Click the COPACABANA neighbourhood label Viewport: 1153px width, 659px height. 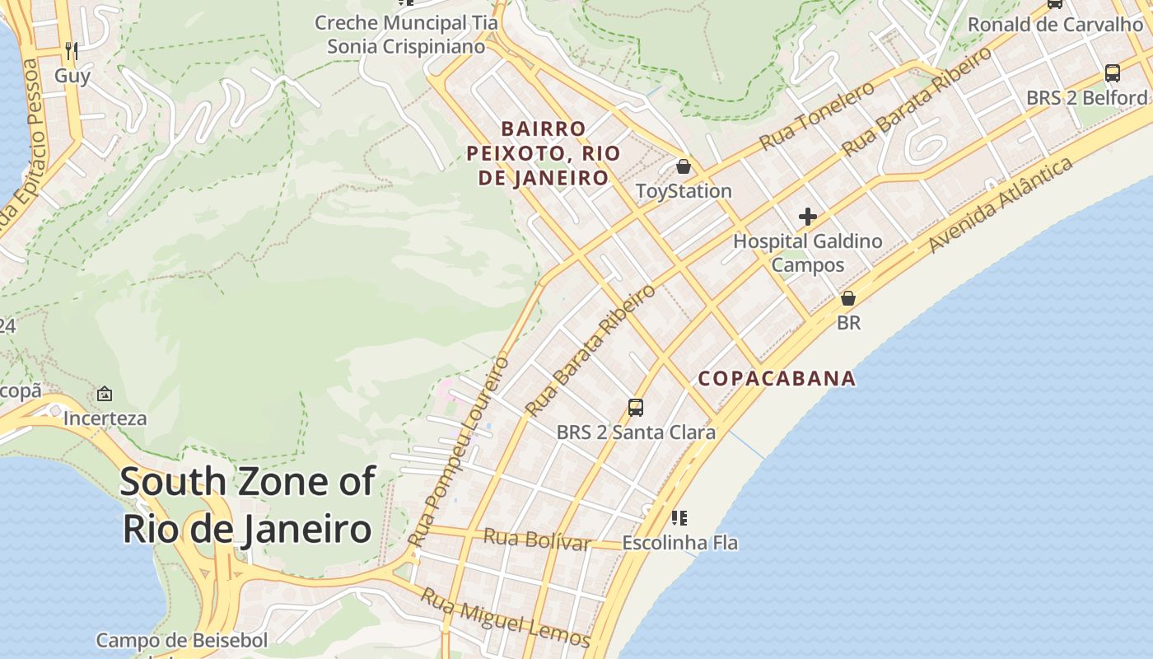pyautogui.click(x=777, y=379)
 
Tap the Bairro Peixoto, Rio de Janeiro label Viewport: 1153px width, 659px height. pyautogui.click(x=542, y=153)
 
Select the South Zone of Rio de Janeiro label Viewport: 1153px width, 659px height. pyautogui.click(x=248, y=505)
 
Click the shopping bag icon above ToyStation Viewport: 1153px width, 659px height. pyautogui.click(x=683, y=167)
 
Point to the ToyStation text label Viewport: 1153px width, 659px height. pyautogui.click(x=684, y=191)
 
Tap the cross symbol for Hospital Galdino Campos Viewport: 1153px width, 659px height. pyautogui.click(x=808, y=217)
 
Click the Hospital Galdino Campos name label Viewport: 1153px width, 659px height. pyautogui.click(x=808, y=253)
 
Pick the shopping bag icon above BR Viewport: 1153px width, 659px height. pyautogui.click(x=848, y=298)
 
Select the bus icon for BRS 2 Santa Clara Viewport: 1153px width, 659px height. pyautogui.click(x=636, y=407)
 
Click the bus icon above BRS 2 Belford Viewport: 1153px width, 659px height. pyautogui.click(x=1113, y=72)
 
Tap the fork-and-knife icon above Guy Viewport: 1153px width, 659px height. pyautogui.click(x=72, y=51)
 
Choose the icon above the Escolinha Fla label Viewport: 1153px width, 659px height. pyautogui.click(x=679, y=518)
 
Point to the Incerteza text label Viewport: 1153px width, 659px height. pyautogui.click(x=105, y=418)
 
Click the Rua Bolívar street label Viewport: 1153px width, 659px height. pyautogui.click(x=537, y=540)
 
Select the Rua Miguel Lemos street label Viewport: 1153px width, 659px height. pyautogui.click(x=505, y=617)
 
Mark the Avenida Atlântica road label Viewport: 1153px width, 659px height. pyautogui.click(x=1001, y=205)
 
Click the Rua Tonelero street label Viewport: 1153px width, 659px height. pyautogui.click(x=817, y=116)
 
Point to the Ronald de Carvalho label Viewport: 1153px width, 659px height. pyautogui.click(x=1055, y=25)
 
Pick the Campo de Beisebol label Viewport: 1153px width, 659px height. pyautogui.click(x=182, y=641)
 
